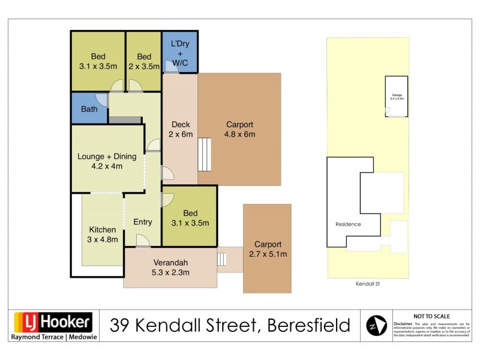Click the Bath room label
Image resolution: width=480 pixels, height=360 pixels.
89,109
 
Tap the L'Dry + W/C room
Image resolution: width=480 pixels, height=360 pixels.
180,53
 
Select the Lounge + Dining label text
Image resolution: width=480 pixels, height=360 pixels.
107,157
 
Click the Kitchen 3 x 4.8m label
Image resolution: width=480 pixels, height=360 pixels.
103,235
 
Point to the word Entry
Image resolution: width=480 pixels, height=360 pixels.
143,222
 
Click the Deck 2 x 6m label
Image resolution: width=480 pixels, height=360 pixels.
181,130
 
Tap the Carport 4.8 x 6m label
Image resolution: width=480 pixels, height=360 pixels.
239,130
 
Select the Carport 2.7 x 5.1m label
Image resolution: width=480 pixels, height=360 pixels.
268,249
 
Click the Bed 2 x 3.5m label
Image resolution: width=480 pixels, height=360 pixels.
144,62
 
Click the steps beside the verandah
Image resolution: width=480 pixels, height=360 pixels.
222,259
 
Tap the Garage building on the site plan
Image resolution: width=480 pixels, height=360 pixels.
397,96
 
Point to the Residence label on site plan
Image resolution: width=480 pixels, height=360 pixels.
348,224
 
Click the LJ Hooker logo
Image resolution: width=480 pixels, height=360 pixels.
53,322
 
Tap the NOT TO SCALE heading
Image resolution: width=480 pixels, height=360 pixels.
432,316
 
